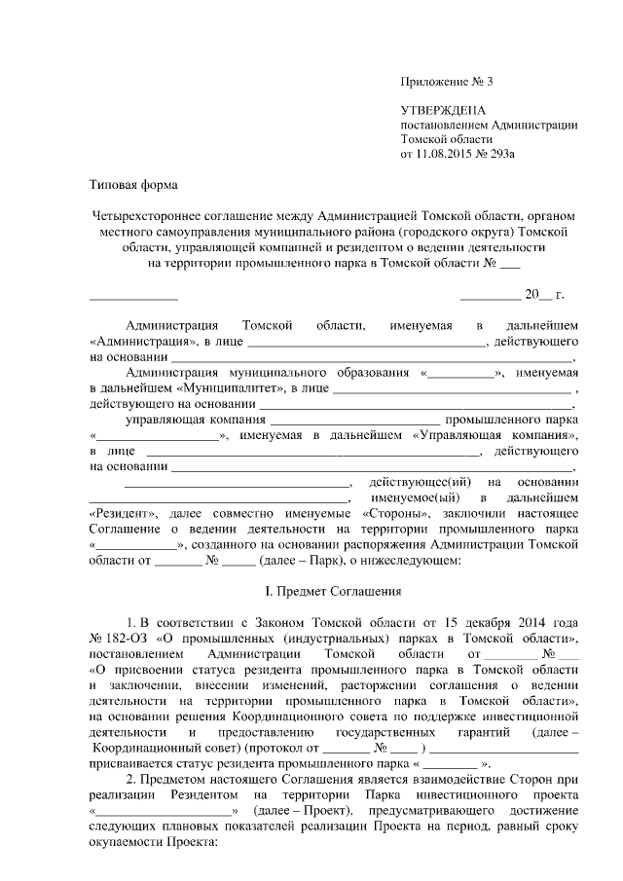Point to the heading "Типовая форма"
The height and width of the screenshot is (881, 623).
(128, 183)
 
